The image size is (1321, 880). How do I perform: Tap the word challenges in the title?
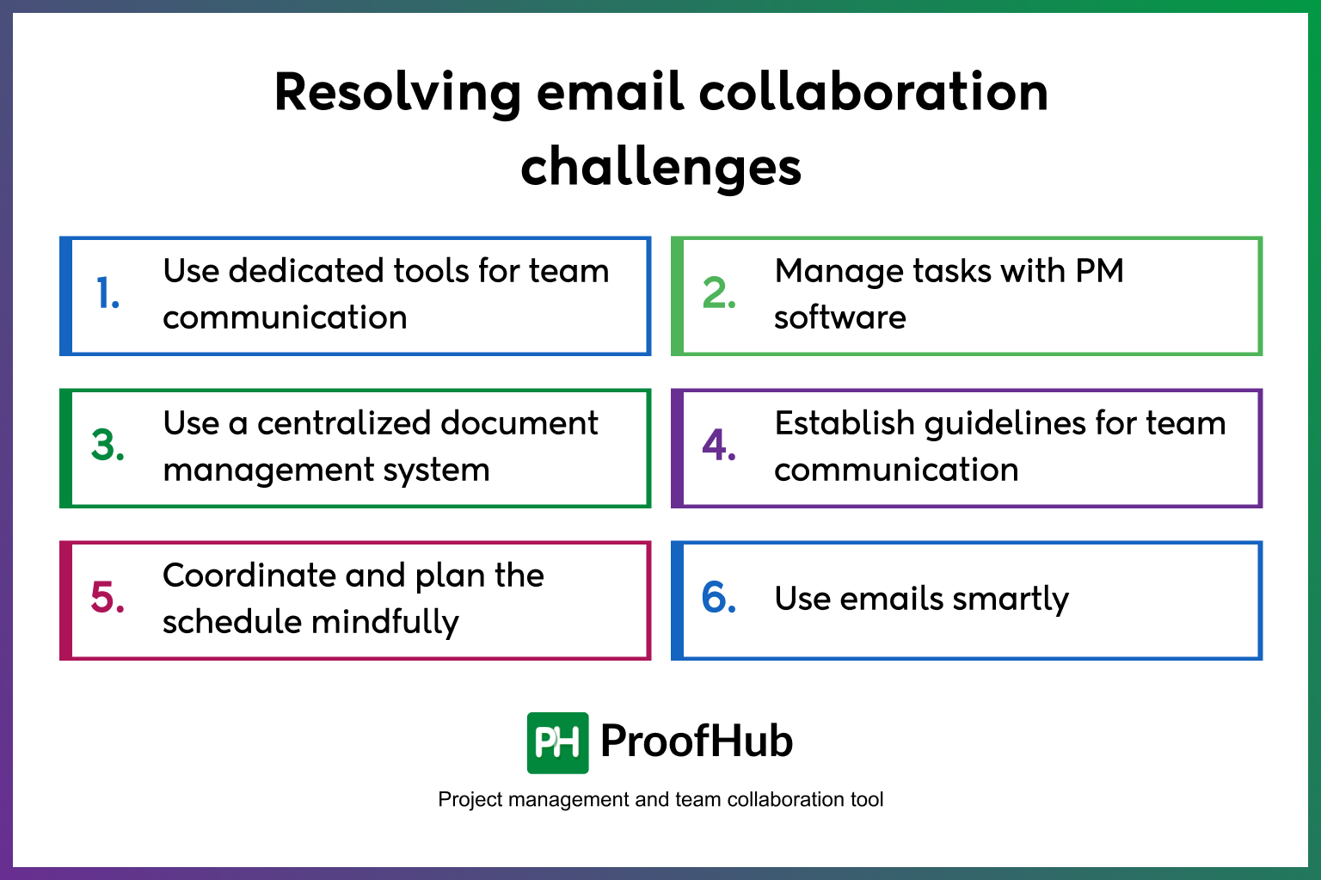tap(660, 168)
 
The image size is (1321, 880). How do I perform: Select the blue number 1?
tap(108, 294)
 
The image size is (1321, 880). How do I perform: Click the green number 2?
tap(719, 294)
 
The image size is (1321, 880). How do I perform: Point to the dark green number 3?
tap(108, 446)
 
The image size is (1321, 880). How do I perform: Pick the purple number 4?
tap(719, 446)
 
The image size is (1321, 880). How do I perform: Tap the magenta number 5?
tap(108, 598)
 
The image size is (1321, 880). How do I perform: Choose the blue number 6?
tap(719, 598)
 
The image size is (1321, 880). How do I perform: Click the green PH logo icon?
tap(557, 742)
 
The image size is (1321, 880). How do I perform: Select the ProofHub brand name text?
tap(697, 742)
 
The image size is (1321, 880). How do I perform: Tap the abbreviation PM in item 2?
tap(1099, 271)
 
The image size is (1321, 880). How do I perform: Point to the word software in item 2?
tap(839, 317)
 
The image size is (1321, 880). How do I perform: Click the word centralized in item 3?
tap(343, 423)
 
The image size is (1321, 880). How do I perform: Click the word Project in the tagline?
tap(470, 800)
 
